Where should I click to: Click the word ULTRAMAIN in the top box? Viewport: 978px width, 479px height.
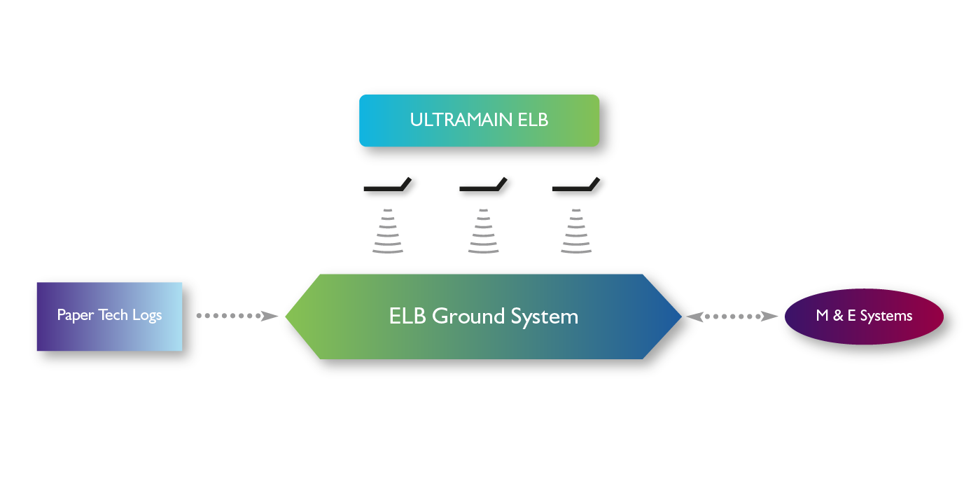(461, 120)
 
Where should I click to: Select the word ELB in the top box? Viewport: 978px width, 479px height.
(533, 120)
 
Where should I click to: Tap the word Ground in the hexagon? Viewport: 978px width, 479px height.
(468, 316)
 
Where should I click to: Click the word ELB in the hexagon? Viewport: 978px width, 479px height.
(407, 316)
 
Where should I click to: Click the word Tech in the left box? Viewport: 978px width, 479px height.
(113, 314)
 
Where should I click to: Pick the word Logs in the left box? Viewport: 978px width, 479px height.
(147, 315)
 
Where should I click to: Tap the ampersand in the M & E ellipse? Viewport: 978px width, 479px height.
(838, 315)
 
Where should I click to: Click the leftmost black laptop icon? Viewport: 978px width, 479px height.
(388, 184)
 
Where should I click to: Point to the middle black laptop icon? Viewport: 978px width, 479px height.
(483, 184)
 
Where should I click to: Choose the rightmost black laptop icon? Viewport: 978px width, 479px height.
(576, 184)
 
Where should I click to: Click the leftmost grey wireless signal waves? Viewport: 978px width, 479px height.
(388, 231)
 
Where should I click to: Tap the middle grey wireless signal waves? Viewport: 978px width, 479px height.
(483, 231)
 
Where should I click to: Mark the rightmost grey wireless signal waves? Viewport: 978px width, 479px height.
(576, 231)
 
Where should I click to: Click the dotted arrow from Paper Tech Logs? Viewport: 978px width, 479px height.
(237, 316)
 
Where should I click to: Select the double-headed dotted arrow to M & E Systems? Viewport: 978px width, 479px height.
(732, 316)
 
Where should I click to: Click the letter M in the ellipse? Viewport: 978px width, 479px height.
(822, 315)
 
